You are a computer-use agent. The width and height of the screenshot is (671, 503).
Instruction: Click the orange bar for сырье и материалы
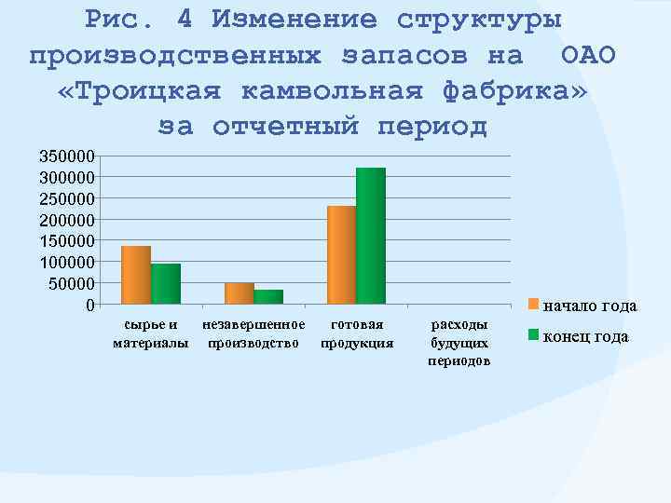[x=136, y=275]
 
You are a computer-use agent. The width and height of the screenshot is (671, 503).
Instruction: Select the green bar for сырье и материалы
[x=166, y=284]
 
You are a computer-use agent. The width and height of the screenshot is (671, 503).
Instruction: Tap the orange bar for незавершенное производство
[x=240, y=293]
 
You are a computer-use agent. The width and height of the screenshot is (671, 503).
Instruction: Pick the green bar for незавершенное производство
[x=268, y=297]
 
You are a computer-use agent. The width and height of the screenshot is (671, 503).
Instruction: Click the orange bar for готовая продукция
[x=342, y=255]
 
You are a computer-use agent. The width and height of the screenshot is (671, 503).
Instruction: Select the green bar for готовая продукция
[x=371, y=236]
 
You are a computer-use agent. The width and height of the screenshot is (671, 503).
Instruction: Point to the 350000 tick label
[x=66, y=156]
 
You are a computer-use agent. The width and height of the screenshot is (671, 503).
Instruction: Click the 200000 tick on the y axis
[x=66, y=220]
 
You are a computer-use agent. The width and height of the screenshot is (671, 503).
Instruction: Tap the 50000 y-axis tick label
[x=71, y=283]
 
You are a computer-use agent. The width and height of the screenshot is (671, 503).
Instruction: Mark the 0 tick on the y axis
[x=89, y=305]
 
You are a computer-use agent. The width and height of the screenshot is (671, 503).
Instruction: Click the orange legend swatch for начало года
[x=534, y=304]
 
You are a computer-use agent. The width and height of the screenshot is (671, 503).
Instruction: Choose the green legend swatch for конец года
[x=534, y=335]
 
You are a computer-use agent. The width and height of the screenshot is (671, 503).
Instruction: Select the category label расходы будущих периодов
[x=459, y=343]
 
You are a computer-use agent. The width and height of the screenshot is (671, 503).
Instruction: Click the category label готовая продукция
[x=357, y=333]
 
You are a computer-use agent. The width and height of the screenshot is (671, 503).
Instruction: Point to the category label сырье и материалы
[x=150, y=333]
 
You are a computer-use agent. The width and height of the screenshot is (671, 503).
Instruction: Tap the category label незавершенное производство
[x=253, y=333]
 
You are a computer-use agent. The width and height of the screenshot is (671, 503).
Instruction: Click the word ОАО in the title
[x=589, y=55]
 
